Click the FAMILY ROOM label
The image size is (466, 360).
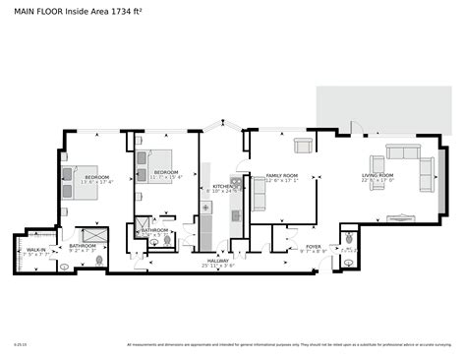click(282, 176)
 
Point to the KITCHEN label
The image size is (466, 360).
click(223, 186)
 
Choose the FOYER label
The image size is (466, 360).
click(313, 247)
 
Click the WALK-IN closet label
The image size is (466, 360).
click(34, 250)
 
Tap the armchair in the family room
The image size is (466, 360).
click(303, 147)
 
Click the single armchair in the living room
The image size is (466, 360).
click(378, 164)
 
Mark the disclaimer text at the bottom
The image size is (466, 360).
click(295, 345)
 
